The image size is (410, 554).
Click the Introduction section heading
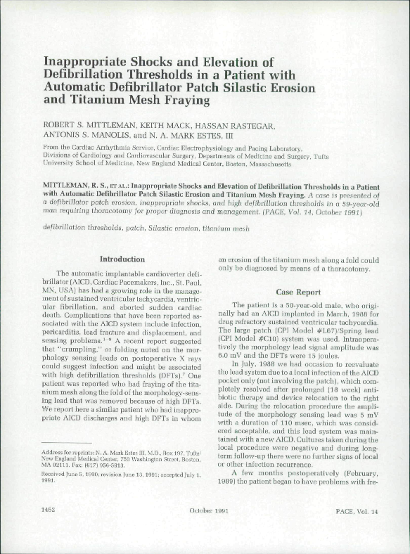122,259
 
